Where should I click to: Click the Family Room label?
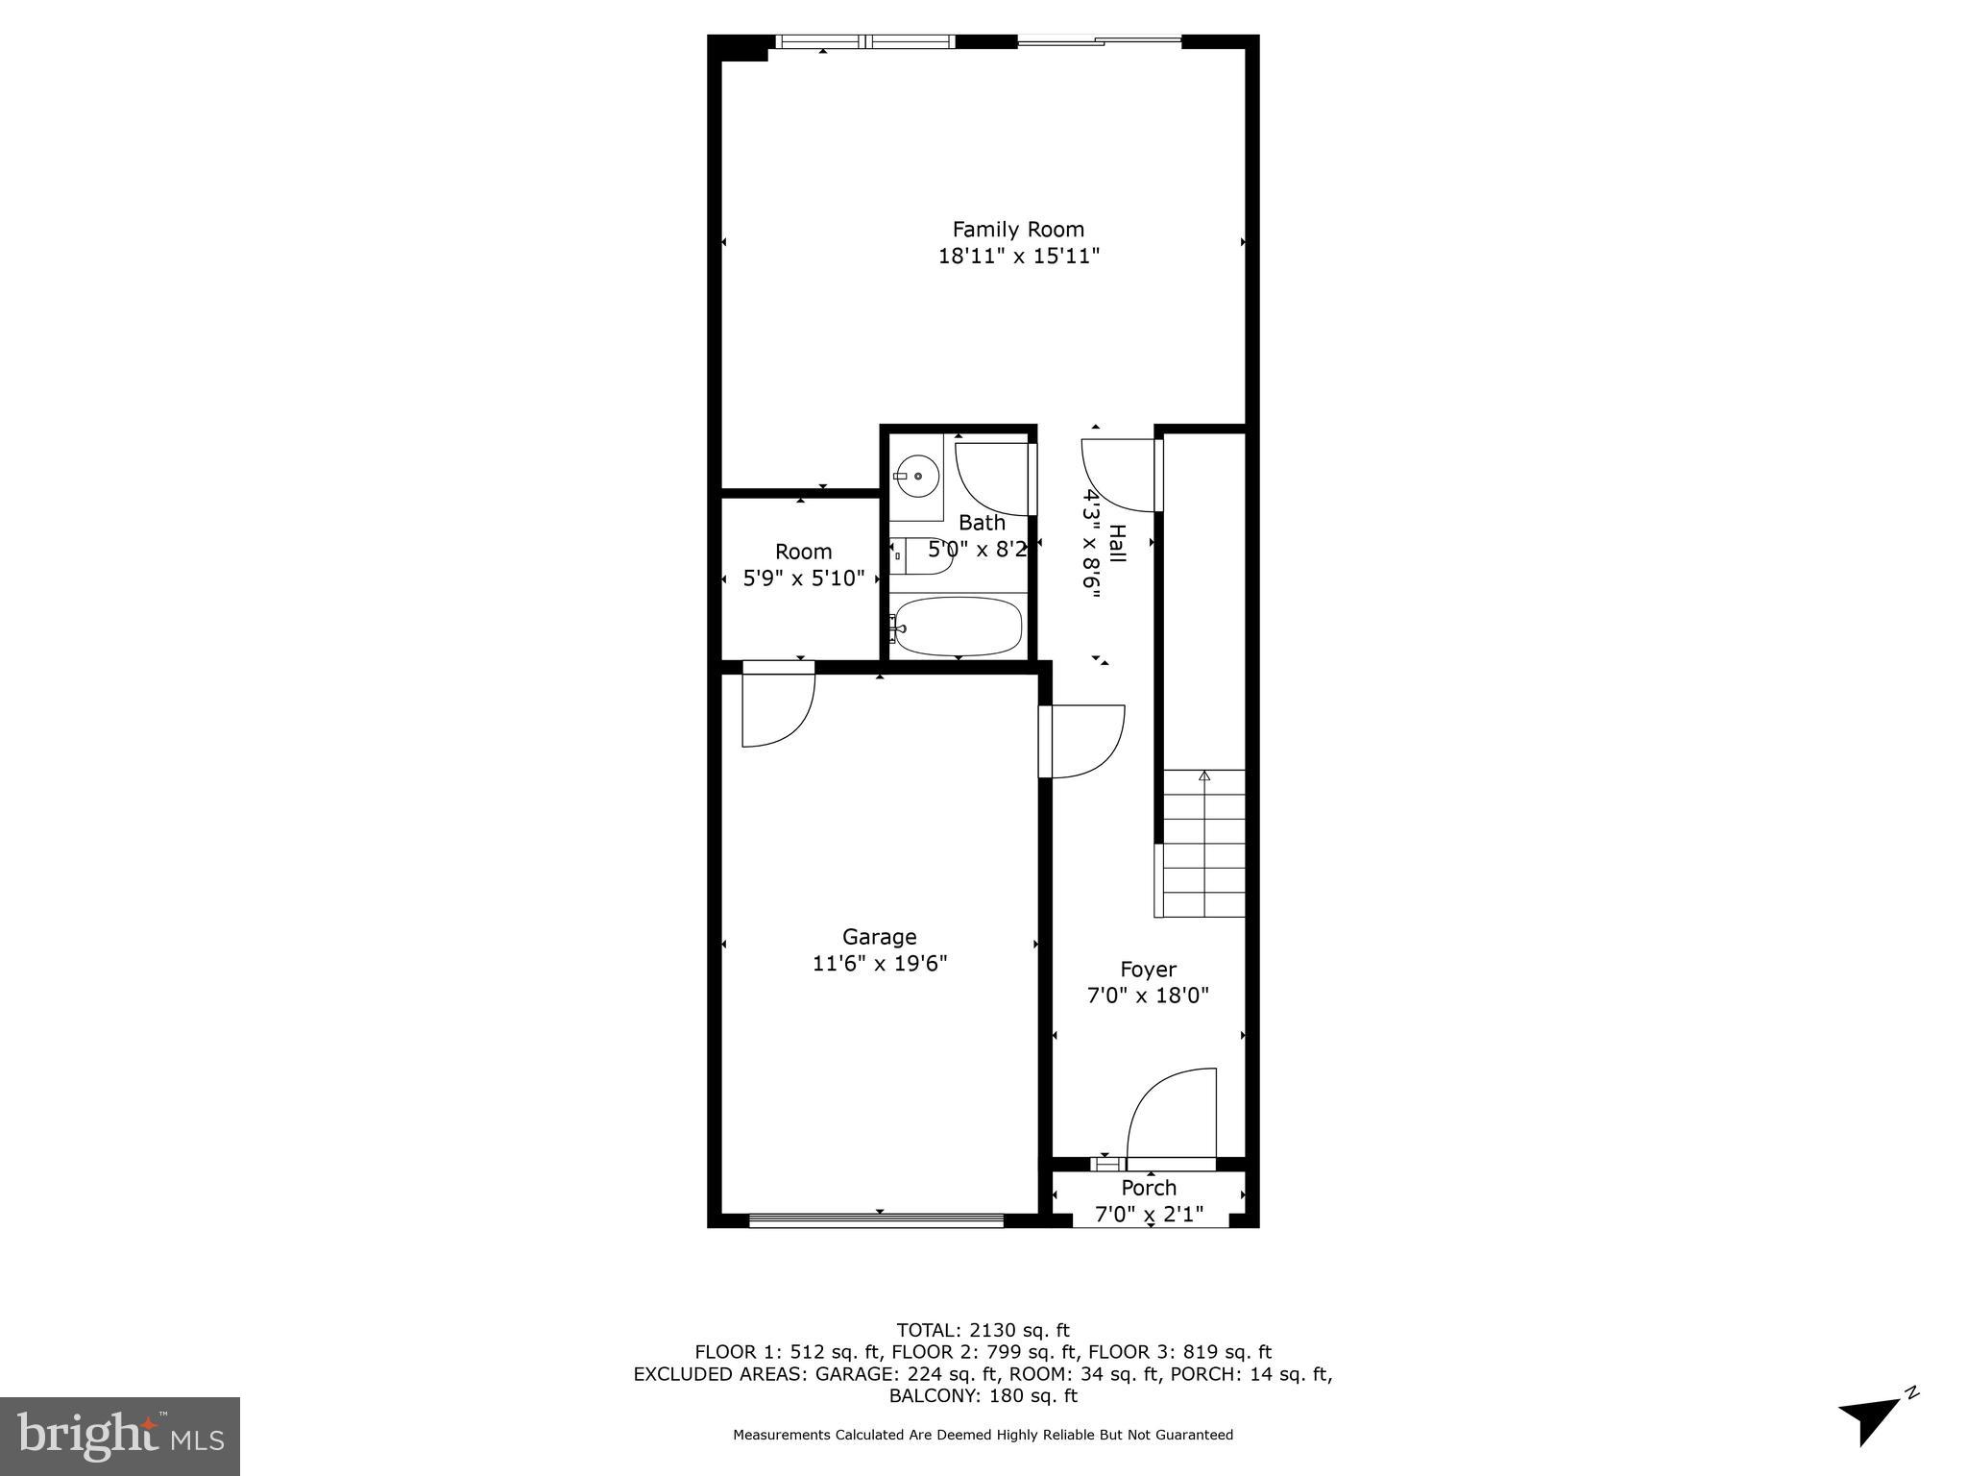coord(1018,229)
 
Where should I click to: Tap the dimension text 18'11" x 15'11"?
coord(1018,257)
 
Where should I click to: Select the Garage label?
coord(879,936)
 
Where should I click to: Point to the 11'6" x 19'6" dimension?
coord(880,963)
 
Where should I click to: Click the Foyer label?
coord(1148,969)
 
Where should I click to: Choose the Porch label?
coord(1148,1188)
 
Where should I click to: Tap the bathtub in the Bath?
coord(957,626)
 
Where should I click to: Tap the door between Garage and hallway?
coord(1083,741)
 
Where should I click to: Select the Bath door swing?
coord(994,478)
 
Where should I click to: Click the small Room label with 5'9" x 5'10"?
coord(803,552)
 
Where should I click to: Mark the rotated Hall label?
coord(1117,544)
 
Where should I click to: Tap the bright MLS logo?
coord(119,1436)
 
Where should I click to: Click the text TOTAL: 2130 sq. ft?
coord(983,1331)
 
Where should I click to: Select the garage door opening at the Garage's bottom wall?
coord(876,1221)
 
